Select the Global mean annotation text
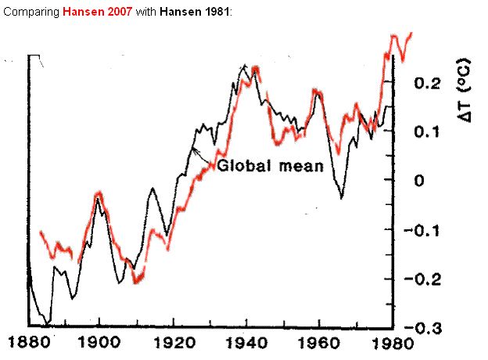270,166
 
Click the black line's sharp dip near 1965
342,198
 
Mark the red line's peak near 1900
99,193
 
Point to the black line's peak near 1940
245,65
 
